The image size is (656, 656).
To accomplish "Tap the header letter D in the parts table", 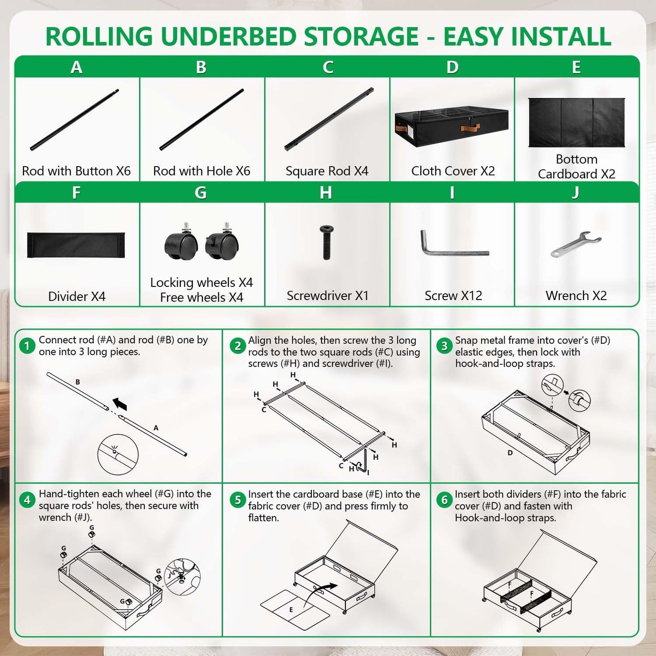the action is (x=453, y=67).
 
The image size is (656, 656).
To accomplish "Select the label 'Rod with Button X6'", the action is (x=76, y=171).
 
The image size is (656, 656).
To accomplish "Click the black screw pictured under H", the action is (x=326, y=242).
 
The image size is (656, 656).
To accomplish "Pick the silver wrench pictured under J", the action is (x=576, y=244).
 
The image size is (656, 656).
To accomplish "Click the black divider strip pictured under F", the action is (x=76, y=245).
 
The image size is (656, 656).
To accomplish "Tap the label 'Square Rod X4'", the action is (x=327, y=171).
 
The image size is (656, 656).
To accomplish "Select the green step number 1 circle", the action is (x=27, y=346).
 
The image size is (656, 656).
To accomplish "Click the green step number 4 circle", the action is (x=27, y=500).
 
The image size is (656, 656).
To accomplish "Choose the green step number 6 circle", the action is (x=444, y=500).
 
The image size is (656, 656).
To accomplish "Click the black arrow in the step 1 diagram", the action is (x=120, y=404).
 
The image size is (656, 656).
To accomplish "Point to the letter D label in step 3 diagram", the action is (x=510, y=453).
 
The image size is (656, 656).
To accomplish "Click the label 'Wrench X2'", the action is (x=576, y=296).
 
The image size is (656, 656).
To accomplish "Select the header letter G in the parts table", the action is (x=201, y=192).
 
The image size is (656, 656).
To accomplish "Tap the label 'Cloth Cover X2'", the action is (x=453, y=171).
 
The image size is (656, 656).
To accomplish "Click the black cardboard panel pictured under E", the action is (x=577, y=123).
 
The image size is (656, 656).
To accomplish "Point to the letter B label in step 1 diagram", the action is (x=78, y=382).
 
